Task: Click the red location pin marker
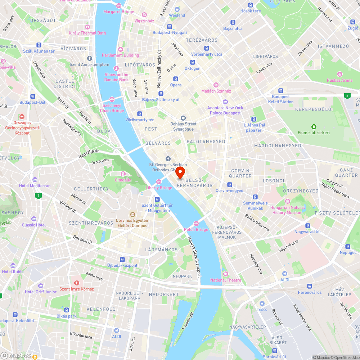coord(180,172)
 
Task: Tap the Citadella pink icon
coord(123,174)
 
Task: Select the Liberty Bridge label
coord(159,188)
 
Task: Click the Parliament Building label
coord(120,55)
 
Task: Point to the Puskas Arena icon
coord(339,74)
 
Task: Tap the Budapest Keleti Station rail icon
coord(281,91)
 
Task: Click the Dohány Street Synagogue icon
coord(183,118)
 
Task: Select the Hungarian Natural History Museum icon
coord(287,201)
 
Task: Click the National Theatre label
coord(226,280)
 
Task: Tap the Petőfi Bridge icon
coord(196,224)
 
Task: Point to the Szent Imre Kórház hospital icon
coord(76,283)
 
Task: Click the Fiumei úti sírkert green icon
coord(314,126)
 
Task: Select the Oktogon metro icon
coord(192,62)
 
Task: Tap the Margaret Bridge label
coord(118,12)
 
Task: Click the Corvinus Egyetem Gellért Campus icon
coord(132,215)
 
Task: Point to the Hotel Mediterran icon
coord(35,180)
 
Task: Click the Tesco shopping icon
coord(262,303)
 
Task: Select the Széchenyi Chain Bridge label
coord(112,108)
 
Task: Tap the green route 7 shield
coord(38,196)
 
